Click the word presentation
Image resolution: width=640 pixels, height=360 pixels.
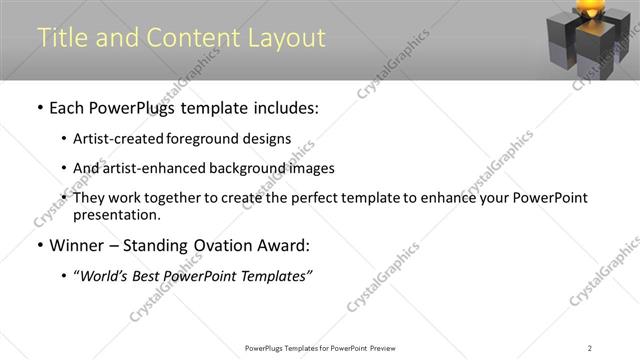(x=115, y=214)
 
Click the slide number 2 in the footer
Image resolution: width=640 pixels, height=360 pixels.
(x=590, y=348)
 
